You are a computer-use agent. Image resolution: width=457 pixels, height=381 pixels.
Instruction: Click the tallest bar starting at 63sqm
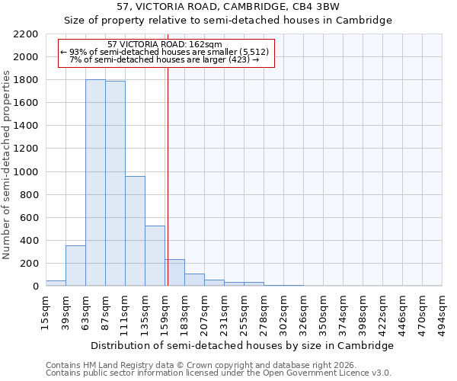[95, 183]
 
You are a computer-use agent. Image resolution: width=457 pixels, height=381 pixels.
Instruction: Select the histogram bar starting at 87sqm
[115, 184]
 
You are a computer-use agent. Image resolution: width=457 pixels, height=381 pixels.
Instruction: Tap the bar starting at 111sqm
[135, 231]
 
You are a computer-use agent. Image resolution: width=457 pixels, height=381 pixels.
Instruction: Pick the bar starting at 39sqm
[75, 266]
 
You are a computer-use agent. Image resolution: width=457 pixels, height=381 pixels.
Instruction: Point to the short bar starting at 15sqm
[56, 283]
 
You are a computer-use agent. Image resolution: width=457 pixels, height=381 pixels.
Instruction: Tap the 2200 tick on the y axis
[27, 34]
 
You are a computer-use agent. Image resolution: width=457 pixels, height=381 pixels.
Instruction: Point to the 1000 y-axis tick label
[27, 172]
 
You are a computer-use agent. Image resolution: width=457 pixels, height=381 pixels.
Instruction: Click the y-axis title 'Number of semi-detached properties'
[8, 165]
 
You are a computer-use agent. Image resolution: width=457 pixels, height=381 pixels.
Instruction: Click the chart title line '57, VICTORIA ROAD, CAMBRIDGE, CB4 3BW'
[228, 7]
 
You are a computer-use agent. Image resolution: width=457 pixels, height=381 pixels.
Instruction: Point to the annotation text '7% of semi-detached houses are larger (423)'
[165, 59]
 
